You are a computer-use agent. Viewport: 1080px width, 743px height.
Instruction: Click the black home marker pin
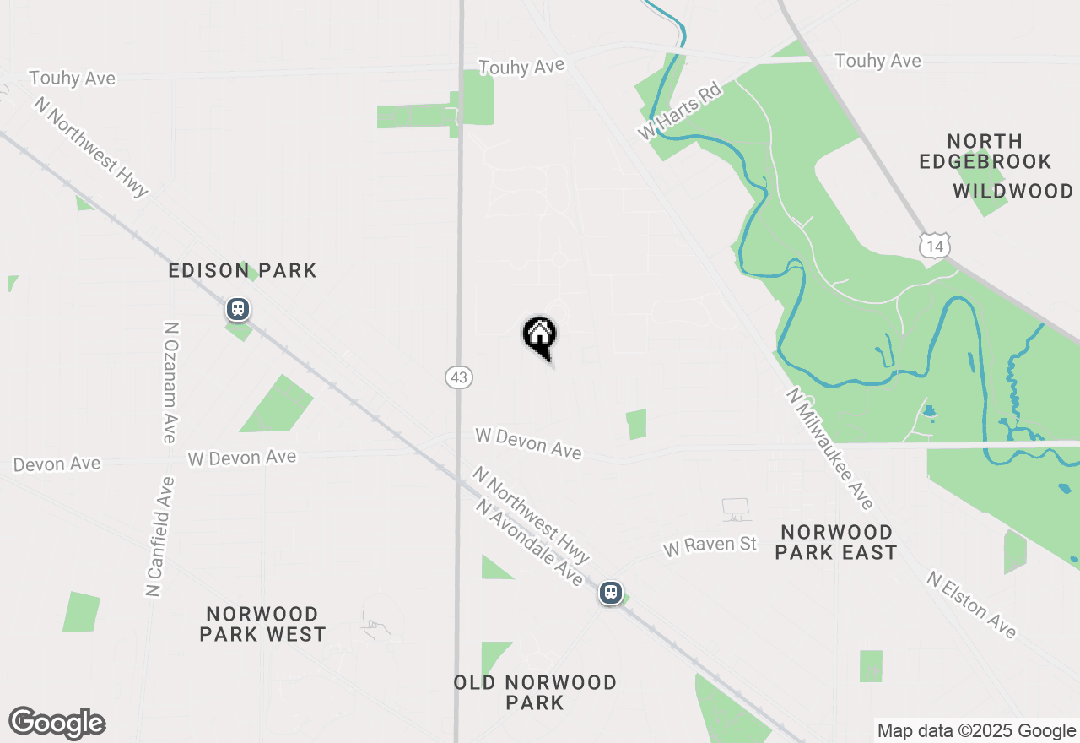[x=540, y=336]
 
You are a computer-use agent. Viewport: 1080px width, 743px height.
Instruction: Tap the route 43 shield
[x=458, y=377]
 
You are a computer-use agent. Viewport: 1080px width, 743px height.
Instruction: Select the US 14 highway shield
[x=934, y=246]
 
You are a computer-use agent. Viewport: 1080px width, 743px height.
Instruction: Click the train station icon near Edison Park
[x=238, y=309]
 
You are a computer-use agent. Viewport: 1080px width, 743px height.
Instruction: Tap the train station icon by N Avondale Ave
[x=611, y=593]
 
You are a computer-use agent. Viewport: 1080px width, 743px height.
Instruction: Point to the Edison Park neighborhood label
[x=242, y=271]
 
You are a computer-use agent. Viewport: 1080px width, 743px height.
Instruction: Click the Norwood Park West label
[x=262, y=624]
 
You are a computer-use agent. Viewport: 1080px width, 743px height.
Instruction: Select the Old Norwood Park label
[x=535, y=692]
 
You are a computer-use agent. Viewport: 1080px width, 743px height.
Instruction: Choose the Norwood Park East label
[x=836, y=542]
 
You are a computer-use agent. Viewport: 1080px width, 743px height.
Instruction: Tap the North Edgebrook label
[x=985, y=151]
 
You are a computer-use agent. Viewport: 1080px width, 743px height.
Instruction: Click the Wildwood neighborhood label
[x=1013, y=192]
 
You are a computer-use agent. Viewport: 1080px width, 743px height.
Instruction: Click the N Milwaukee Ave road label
[x=829, y=448]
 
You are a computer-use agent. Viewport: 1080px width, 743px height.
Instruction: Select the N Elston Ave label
[x=971, y=605]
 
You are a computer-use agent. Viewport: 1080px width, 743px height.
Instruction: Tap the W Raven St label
[x=710, y=546]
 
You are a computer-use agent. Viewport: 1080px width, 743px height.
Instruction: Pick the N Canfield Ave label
[x=159, y=537]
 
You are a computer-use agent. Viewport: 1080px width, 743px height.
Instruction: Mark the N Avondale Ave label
[x=529, y=543]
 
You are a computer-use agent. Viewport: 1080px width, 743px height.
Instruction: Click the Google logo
[x=57, y=724]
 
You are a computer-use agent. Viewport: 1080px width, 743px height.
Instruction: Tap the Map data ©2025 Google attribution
[x=976, y=731]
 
